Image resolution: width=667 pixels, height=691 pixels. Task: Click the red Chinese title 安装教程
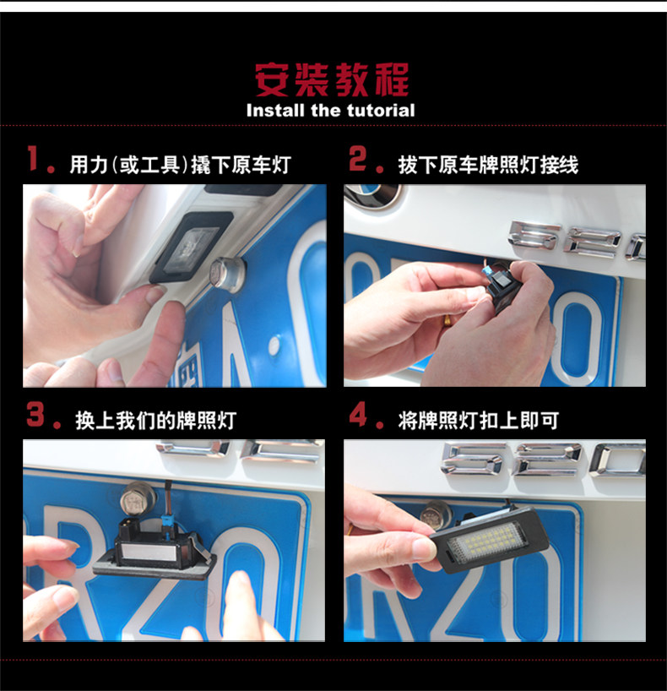(332, 79)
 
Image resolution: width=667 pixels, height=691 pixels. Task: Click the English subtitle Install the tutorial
(330, 110)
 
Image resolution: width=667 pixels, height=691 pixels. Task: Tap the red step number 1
(33, 158)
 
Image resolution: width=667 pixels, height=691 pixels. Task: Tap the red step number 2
(357, 158)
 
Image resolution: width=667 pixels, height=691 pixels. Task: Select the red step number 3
(35, 414)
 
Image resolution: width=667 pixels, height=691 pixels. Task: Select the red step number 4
(358, 414)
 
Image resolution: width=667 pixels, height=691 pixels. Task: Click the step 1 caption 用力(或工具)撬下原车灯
(180, 165)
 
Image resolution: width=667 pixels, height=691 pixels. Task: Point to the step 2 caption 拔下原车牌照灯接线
(488, 165)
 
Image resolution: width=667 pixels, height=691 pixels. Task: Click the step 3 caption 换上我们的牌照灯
(156, 421)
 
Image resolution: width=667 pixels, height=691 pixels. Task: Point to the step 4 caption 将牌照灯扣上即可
(479, 421)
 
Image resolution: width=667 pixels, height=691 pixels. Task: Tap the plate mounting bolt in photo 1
(227, 271)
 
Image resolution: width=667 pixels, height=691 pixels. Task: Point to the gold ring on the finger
(447, 319)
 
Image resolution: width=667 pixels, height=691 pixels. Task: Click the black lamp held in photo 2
(503, 286)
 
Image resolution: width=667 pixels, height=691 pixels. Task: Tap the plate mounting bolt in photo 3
(138, 498)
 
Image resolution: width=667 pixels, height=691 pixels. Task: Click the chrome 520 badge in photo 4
(543, 460)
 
